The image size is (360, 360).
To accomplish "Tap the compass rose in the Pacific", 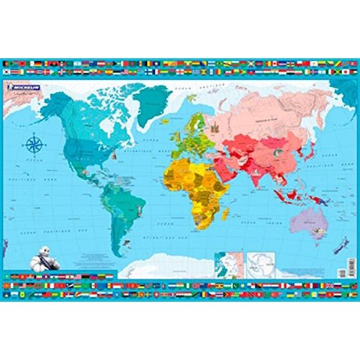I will [x=33, y=144].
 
